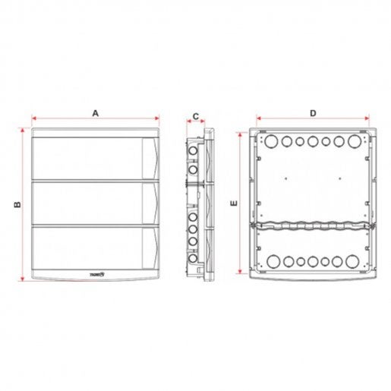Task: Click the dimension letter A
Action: [x=96, y=112]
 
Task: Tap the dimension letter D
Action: [x=314, y=112]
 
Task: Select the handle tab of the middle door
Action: [x=152, y=203]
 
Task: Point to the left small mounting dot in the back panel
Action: [x=282, y=179]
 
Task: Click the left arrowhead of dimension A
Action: [x=33, y=118]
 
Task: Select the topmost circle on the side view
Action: [x=194, y=150]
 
